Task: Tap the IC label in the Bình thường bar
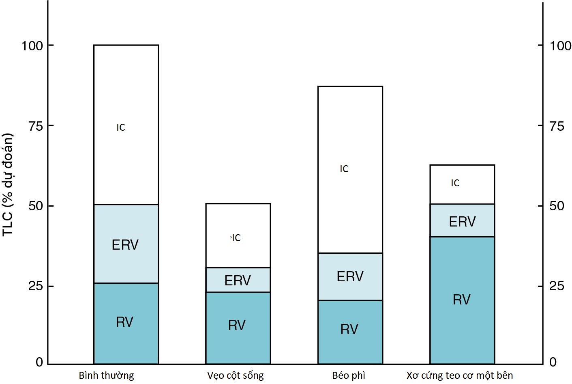click(x=121, y=127)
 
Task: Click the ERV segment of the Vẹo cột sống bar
click(x=238, y=280)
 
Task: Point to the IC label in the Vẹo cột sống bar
click(x=236, y=238)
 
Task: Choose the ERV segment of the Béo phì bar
click(x=350, y=276)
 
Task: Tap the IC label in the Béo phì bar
click(x=344, y=169)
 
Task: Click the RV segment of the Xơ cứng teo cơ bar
click(x=462, y=300)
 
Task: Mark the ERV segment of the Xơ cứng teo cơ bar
click(x=462, y=221)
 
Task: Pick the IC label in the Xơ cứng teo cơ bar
click(x=455, y=183)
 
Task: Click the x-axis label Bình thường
click(x=106, y=375)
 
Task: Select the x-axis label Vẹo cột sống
click(x=235, y=375)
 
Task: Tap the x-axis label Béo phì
click(x=348, y=375)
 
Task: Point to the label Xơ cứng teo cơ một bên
click(x=460, y=375)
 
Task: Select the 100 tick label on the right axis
click(x=560, y=45)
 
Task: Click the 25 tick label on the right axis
click(x=557, y=286)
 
